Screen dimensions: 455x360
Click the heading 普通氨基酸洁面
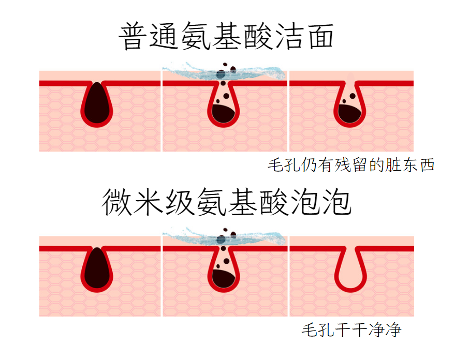pyautogui.click(x=226, y=36)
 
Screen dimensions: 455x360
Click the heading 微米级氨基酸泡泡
pyautogui.click(x=226, y=202)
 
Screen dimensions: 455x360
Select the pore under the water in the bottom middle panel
pyautogui.click(x=224, y=271)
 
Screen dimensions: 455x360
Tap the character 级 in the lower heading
pyautogui.click(x=179, y=202)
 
